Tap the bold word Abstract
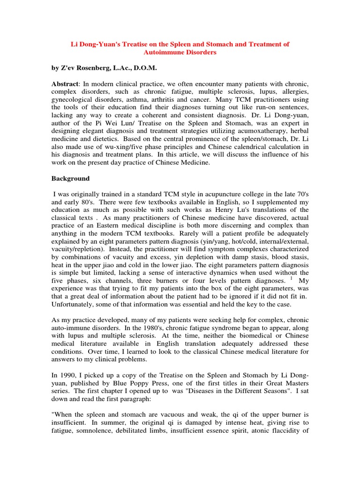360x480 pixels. tap(64, 83)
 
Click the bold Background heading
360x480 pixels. tap(70, 179)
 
